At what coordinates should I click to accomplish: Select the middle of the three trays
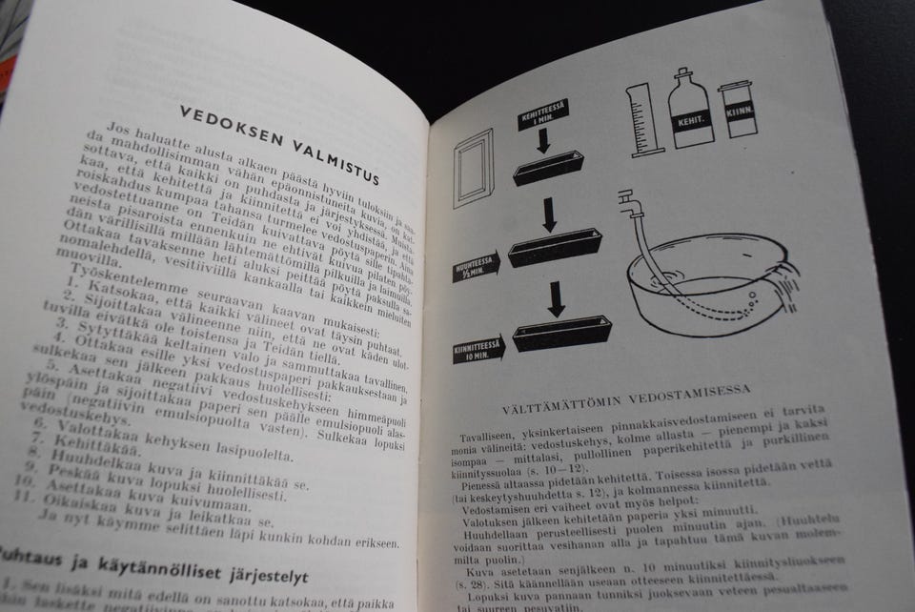tap(558, 251)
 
